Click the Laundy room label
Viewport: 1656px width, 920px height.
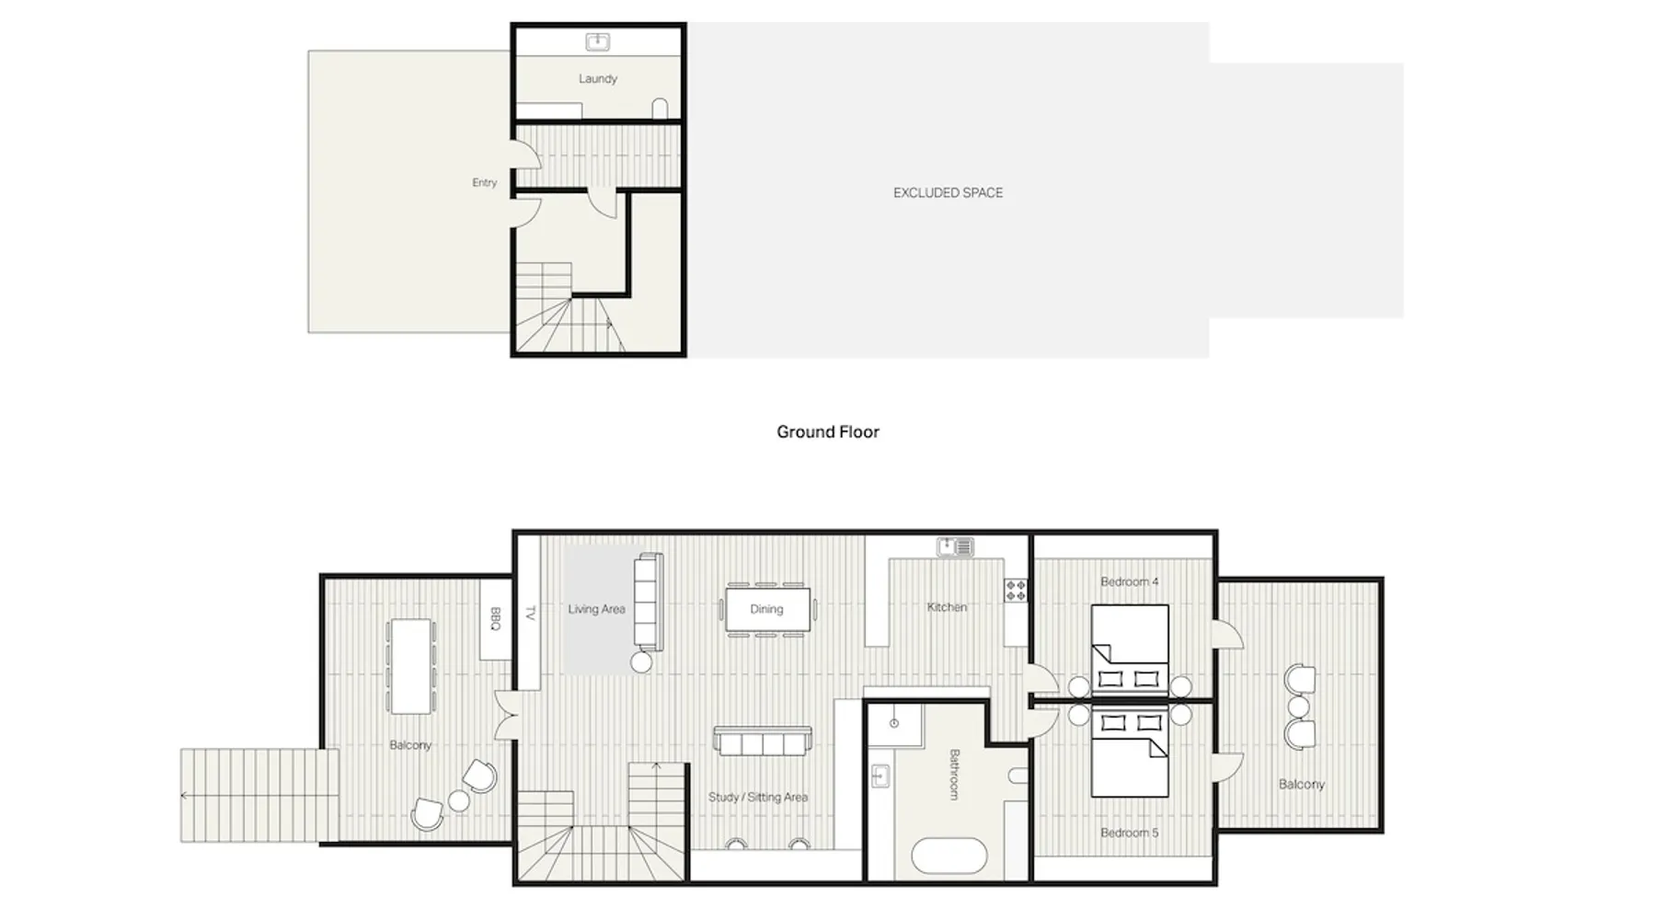(598, 79)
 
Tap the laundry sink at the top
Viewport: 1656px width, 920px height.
(598, 41)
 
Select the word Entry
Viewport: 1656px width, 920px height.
(485, 183)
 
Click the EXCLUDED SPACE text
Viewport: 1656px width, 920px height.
(948, 193)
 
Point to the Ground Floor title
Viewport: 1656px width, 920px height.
(828, 431)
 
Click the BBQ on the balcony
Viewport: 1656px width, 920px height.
(495, 618)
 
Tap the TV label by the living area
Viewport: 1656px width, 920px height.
(530, 613)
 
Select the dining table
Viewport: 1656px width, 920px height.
(767, 609)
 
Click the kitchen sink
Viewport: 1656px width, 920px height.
(955, 547)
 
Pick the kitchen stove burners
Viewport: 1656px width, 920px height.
(1016, 591)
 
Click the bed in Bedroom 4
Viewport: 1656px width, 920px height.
(1130, 650)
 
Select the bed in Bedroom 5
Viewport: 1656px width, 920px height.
(1130, 752)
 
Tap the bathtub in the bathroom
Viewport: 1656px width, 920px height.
(949, 857)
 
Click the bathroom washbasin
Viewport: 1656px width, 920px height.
(880, 776)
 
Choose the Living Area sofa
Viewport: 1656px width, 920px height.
(648, 601)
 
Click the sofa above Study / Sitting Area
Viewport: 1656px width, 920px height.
(763, 742)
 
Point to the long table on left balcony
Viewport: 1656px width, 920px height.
(410, 666)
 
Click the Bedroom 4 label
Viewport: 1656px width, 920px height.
(1130, 581)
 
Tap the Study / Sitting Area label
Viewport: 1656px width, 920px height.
(758, 797)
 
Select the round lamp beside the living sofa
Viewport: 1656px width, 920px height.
(641, 661)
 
